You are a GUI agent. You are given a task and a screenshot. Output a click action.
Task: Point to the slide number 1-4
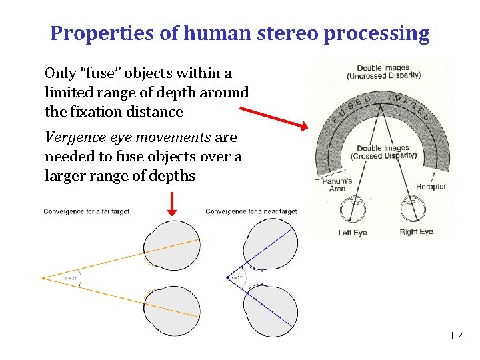click(x=457, y=337)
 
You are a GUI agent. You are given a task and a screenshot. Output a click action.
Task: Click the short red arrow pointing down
click(x=172, y=203)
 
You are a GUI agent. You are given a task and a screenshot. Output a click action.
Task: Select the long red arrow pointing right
click(x=273, y=117)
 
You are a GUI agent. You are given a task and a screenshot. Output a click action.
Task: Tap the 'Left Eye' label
click(x=353, y=232)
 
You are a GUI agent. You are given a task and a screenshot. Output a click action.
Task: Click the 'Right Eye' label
click(x=416, y=232)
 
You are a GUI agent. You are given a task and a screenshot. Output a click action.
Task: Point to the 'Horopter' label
click(x=431, y=187)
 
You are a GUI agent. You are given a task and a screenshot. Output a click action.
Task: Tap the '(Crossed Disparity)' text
click(x=387, y=156)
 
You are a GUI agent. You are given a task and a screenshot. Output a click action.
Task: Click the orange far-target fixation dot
click(x=44, y=277)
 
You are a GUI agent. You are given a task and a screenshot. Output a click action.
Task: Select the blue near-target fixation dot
click(x=228, y=277)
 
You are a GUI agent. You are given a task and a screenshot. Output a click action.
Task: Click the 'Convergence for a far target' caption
click(x=87, y=212)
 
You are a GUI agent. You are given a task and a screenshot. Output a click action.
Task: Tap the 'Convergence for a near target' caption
click(x=251, y=212)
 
